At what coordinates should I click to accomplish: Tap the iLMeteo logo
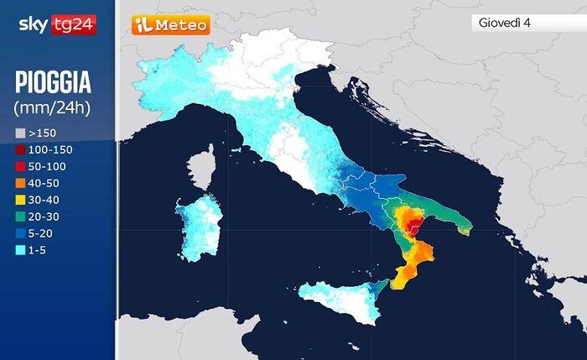coord(170,25)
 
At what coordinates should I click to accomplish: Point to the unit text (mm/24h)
coord(52,107)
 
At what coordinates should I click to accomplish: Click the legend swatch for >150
coord(20,133)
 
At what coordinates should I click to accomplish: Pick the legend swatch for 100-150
coord(20,149)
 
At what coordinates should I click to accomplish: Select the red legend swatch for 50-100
coord(20,166)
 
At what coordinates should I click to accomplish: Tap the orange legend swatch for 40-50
coord(20,183)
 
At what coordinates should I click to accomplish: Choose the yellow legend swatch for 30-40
coord(20,200)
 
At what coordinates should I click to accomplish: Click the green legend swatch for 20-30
coord(20,217)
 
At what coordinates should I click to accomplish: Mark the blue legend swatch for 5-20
coord(20,233)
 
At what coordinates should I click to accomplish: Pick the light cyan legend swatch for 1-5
coord(20,250)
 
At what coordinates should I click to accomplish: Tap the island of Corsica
coord(203,168)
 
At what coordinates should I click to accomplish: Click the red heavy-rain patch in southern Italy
coord(412,222)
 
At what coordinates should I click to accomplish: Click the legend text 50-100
coord(48,166)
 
